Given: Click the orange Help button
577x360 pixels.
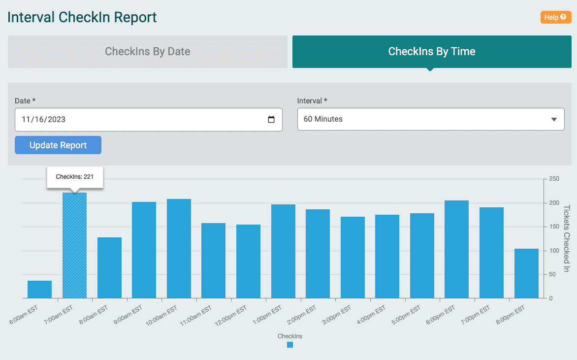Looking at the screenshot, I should [555, 17].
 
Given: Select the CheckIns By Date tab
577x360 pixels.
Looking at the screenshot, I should [147, 52].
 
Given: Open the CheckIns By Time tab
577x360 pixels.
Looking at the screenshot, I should [431, 52].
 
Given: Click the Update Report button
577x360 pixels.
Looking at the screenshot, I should [58, 145].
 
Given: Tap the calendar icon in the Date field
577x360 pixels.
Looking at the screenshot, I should [271, 120].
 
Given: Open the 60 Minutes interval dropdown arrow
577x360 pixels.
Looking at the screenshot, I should [554, 120].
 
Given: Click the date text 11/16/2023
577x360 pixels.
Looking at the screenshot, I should [43, 120].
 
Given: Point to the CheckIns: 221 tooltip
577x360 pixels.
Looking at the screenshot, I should [75, 176].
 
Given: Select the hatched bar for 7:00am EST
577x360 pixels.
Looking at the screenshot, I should [75, 245].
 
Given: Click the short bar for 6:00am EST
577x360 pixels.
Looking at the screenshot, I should [39, 290].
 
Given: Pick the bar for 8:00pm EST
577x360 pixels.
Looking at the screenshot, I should [526, 273].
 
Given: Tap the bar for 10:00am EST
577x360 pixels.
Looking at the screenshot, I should [179, 249].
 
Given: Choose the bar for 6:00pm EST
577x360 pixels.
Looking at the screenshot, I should [456, 249].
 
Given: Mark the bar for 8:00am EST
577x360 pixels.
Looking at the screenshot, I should [109, 268].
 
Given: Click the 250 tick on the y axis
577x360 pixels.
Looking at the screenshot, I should [554, 179].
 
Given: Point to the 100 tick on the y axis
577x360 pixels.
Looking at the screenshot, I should [554, 251].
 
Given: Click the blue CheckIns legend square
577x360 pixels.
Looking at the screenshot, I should [290, 345].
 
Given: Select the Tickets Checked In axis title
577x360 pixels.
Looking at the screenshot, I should [566, 238].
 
